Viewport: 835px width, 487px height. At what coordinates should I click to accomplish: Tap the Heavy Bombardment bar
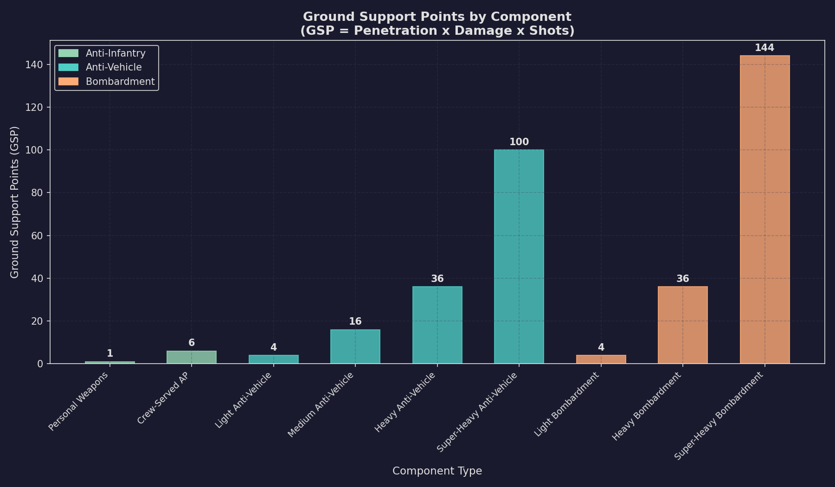pos(683,325)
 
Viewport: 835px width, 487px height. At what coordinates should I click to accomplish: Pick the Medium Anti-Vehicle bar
pos(355,346)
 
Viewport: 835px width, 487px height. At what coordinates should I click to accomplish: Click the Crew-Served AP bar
pos(192,357)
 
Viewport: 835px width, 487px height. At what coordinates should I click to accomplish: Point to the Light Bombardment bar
pos(601,359)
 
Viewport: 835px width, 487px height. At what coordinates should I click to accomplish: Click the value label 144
pos(764,48)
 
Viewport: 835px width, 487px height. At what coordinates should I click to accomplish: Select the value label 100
pos(519,142)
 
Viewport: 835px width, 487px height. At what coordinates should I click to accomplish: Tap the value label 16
pos(355,321)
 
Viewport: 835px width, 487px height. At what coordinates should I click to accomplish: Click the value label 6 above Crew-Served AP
pos(192,343)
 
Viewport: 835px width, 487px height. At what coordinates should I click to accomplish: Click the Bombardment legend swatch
pos(69,82)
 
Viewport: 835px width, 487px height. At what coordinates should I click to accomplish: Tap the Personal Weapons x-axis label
pos(79,402)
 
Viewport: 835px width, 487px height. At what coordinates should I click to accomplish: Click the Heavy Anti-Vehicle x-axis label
pos(405,403)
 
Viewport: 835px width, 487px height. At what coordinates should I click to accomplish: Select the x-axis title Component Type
pos(437,471)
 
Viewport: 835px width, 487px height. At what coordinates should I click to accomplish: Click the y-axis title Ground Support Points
pos(15,202)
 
